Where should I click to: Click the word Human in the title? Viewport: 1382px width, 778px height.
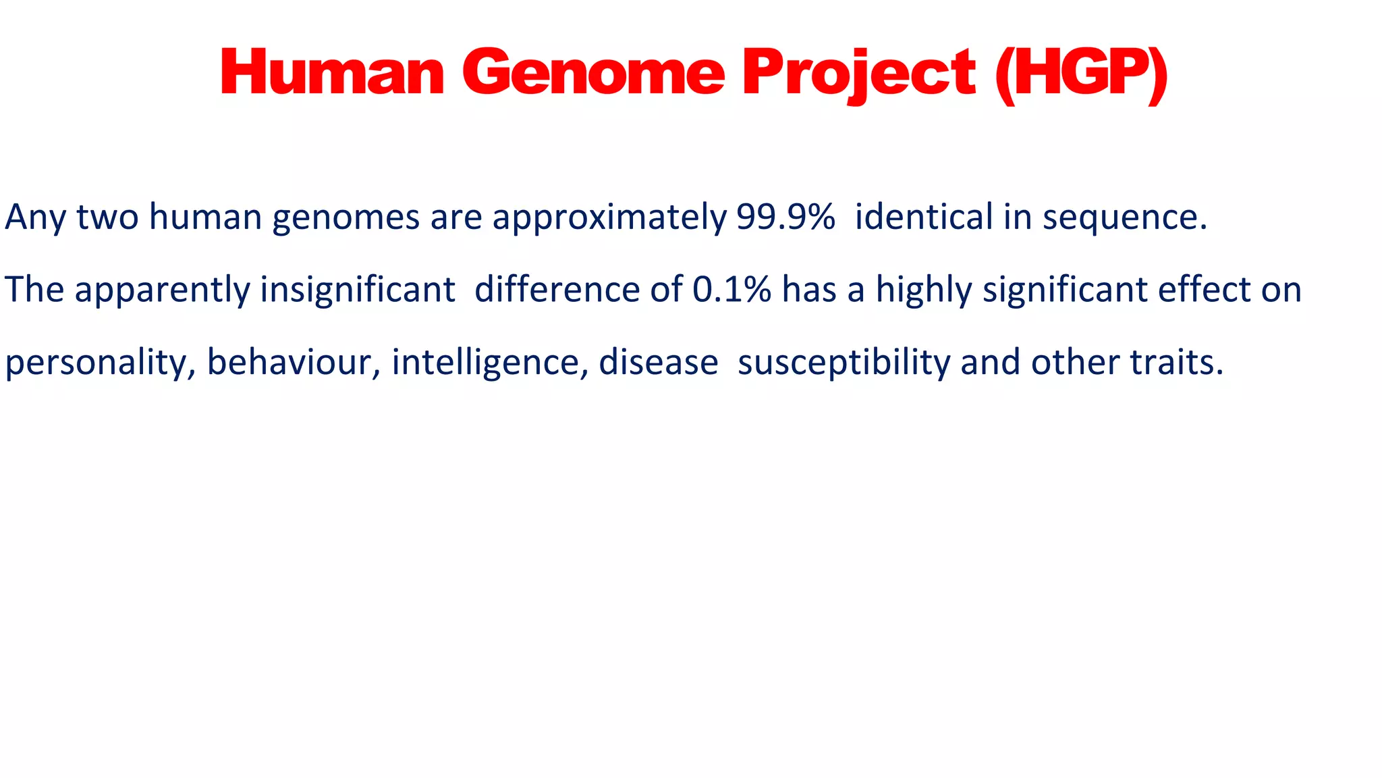pyautogui.click(x=332, y=73)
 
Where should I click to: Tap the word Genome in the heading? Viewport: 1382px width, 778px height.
pyautogui.click(x=593, y=73)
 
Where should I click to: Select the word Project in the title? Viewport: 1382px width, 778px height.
pyautogui.click(x=858, y=73)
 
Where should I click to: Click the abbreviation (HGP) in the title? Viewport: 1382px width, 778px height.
pyautogui.click(x=1081, y=73)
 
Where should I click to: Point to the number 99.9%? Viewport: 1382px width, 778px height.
pyautogui.click(x=785, y=217)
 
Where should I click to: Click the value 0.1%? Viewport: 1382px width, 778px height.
pyautogui.click(x=731, y=290)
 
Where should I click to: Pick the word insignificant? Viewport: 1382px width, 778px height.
pyautogui.click(x=358, y=290)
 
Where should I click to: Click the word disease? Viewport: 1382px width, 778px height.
pyautogui.click(x=658, y=362)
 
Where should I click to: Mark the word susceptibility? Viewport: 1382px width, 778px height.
pyautogui.click(x=844, y=363)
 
